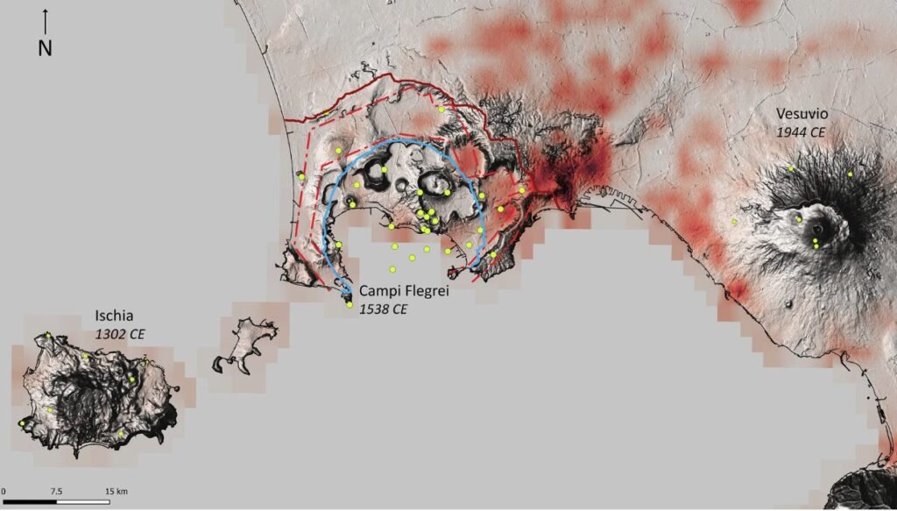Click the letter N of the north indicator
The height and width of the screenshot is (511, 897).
click(45, 49)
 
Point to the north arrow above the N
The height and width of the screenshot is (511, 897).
click(45, 21)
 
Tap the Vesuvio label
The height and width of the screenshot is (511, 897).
click(802, 115)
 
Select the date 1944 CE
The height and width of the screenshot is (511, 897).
click(802, 131)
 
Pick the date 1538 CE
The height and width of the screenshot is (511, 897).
click(384, 309)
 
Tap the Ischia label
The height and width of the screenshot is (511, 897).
click(117, 316)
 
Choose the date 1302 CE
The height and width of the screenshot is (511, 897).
click(120, 334)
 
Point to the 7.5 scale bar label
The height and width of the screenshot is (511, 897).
click(56, 491)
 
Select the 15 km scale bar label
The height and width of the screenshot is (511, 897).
click(117, 491)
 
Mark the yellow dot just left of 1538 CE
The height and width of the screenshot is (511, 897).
click(350, 305)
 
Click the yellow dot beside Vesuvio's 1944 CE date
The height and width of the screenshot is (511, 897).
click(790, 168)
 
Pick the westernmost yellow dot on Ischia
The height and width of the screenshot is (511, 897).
click(22, 423)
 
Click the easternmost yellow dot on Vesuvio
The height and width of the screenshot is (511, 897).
click(850, 174)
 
